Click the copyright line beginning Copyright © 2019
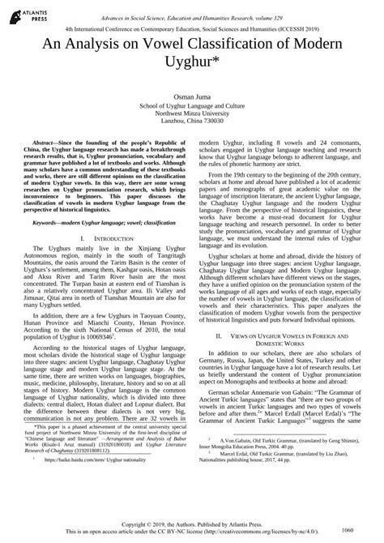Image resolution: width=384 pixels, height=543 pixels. (x=192, y=524)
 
